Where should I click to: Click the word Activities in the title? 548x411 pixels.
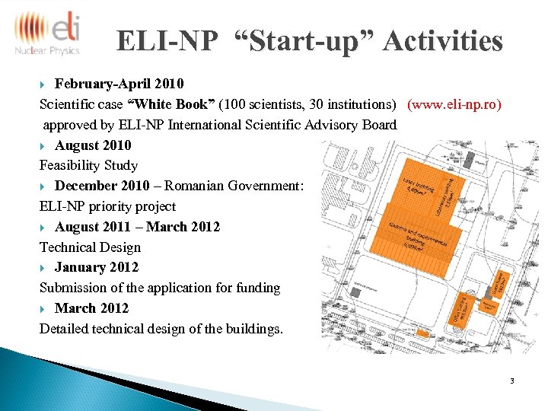click(x=443, y=41)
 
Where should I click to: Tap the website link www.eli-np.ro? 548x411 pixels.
click(x=454, y=104)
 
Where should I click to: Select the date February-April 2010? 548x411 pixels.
click(x=119, y=83)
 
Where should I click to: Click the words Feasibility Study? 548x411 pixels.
click(x=88, y=165)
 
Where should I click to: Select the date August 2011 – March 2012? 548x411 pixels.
click(x=137, y=227)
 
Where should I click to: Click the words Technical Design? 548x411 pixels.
click(x=90, y=247)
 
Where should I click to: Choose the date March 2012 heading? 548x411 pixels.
click(x=91, y=308)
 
